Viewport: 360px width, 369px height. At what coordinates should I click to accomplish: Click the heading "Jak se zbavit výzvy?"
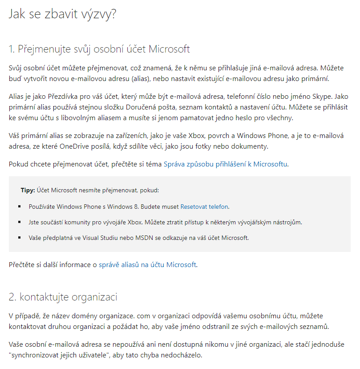(63, 14)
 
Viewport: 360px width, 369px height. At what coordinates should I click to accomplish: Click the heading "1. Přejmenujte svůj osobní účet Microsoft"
(99, 49)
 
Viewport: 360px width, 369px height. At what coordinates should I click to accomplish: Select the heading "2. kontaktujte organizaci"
(63, 296)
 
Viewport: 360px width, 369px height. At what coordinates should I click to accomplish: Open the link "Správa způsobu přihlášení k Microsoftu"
(226, 164)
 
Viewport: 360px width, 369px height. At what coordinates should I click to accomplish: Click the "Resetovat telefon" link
(204, 207)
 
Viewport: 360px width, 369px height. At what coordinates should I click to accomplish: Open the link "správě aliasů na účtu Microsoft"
(147, 265)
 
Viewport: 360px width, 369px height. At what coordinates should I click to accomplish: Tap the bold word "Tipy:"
(28, 191)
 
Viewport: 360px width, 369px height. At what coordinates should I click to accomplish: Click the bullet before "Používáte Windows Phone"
(20, 207)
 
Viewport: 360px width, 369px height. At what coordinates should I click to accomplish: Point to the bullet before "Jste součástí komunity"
(20, 222)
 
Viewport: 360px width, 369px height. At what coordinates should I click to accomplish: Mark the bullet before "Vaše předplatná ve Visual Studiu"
(20, 237)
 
